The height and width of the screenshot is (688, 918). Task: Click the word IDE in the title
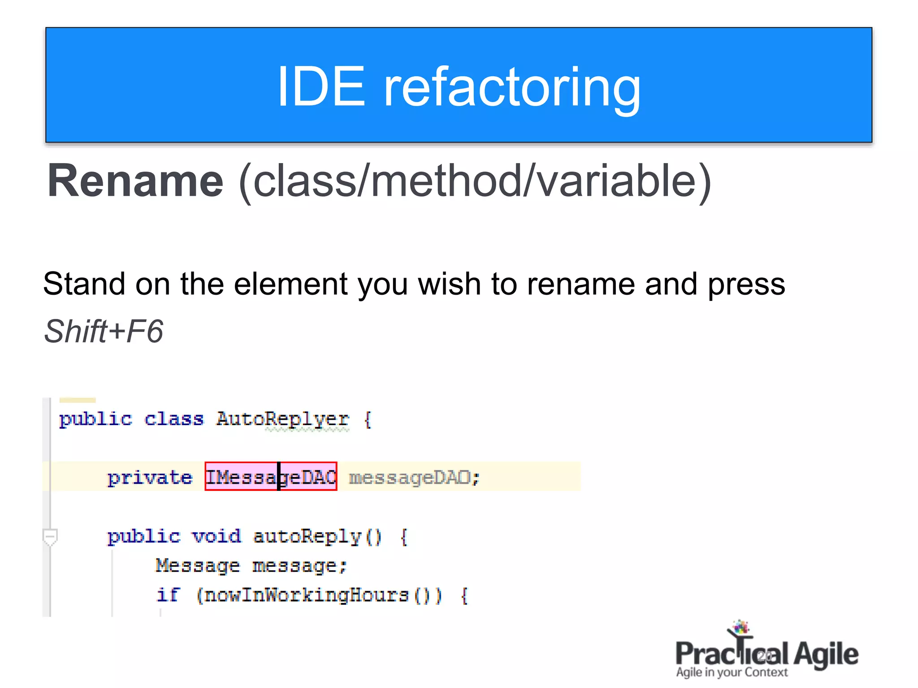coord(321,86)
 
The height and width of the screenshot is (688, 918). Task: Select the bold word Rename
coord(135,181)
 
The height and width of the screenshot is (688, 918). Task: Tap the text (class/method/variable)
coord(475,181)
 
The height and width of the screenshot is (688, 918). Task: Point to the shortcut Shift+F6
coord(104,331)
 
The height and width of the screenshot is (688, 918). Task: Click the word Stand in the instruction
coord(84,284)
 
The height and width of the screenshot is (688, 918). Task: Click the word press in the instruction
coord(746,285)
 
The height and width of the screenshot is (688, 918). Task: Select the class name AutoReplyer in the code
coord(282,419)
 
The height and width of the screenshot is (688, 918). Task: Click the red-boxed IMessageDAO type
coord(271,477)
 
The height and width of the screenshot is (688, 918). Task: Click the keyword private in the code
coord(150,478)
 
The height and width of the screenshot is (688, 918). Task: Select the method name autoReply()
coord(317,536)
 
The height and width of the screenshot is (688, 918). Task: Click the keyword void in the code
coord(217,536)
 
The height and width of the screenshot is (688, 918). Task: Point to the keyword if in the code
coord(168,595)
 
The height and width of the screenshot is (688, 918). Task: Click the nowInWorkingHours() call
coord(319,595)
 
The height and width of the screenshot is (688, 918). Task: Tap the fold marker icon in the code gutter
coord(50,536)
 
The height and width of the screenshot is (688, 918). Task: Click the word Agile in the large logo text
coord(826,654)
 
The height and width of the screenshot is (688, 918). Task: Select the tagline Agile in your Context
coord(732,672)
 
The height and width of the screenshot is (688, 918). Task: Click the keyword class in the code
coord(174,419)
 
